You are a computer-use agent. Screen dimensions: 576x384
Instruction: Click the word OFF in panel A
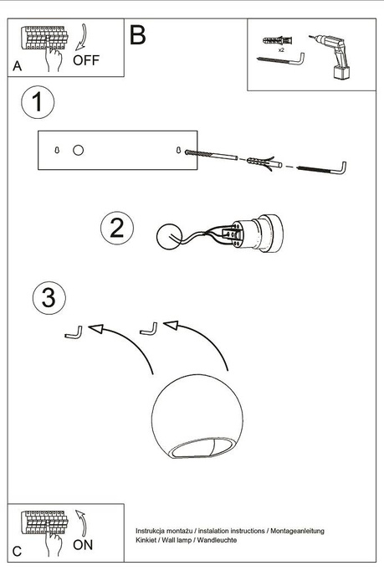point(86,59)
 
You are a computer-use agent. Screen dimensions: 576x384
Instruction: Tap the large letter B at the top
point(138,35)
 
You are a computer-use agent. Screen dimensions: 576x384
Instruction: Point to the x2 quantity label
point(280,50)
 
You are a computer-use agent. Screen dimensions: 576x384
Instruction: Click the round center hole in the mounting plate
point(78,150)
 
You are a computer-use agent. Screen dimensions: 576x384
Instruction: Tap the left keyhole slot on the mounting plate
point(55,150)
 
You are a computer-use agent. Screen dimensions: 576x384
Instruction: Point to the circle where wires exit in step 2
point(172,235)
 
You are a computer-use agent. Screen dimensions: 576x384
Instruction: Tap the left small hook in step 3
point(73,332)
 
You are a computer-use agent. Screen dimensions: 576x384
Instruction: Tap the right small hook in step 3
point(149,328)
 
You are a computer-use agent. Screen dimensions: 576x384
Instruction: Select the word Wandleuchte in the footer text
point(216,541)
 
